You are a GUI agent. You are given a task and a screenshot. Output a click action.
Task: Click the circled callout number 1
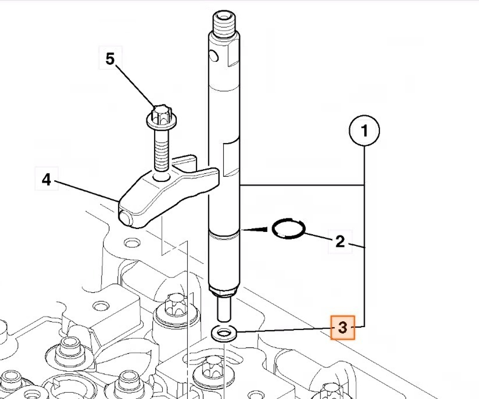(364, 130)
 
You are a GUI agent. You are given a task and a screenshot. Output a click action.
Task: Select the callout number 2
(340, 241)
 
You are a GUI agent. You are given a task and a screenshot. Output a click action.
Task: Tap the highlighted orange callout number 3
(343, 328)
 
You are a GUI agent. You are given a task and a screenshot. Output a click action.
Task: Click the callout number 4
(46, 179)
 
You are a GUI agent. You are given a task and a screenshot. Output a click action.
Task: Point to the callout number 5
(110, 58)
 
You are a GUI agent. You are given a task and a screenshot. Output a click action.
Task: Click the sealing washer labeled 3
(224, 333)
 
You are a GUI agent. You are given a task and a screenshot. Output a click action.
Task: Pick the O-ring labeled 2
(288, 228)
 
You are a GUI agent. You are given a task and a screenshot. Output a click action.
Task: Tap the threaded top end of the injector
(224, 23)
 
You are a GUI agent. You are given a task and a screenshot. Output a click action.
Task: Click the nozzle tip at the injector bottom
(224, 309)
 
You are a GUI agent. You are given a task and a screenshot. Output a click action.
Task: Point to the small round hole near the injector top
(214, 56)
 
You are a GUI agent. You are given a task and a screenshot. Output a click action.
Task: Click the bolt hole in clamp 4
(161, 177)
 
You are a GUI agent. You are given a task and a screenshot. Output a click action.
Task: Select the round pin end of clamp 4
(125, 218)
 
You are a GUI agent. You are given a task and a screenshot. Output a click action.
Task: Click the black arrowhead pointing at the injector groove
(257, 229)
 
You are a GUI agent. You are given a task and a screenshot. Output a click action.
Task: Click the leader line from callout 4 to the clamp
(87, 191)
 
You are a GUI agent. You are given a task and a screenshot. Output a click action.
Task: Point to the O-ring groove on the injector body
(224, 235)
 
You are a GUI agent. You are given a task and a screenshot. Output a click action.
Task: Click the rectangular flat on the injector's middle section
(231, 158)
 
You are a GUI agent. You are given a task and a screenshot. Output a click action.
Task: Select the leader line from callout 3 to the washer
(284, 330)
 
